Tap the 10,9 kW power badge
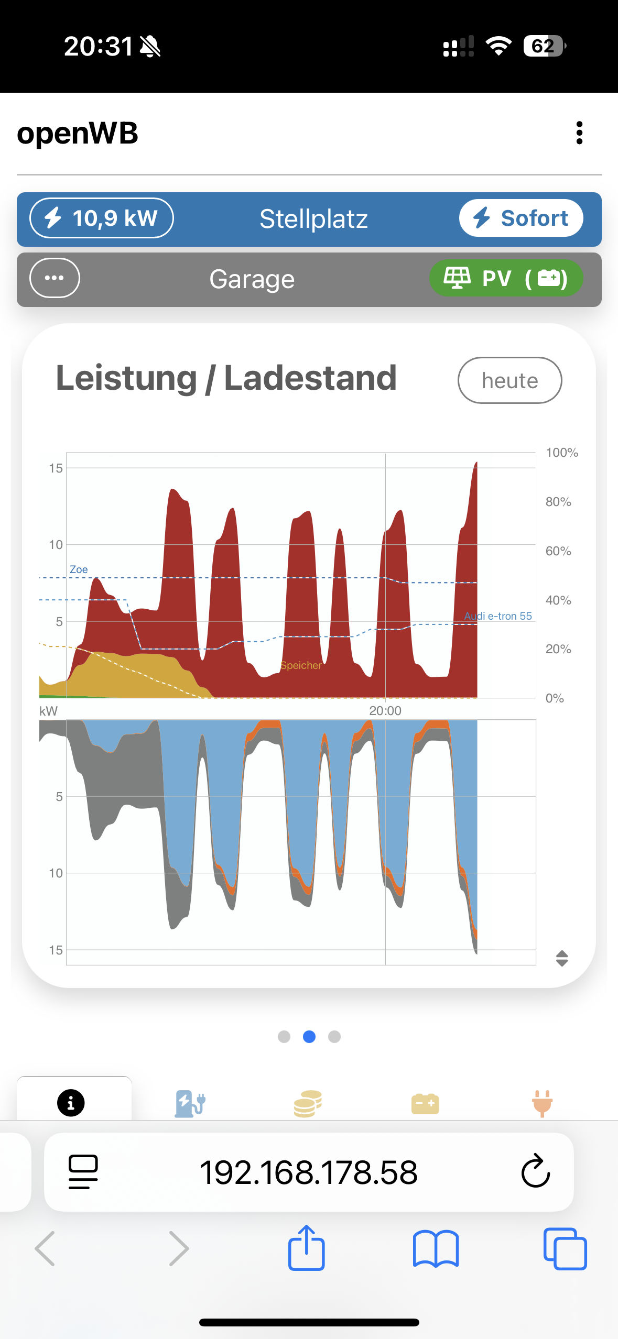click(x=102, y=218)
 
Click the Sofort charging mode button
click(x=521, y=218)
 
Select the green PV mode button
click(x=506, y=278)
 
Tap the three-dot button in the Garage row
click(x=55, y=278)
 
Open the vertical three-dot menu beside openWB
click(x=579, y=133)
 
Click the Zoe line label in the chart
click(x=79, y=569)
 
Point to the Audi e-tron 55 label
click(x=498, y=616)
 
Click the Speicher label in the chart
click(x=301, y=665)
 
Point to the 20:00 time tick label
click(x=385, y=711)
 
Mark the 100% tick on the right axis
click(x=562, y=453)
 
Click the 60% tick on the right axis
click(x=558, y=551)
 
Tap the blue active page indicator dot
click(x=309, y=1037)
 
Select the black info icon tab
click(x=71, y=1103)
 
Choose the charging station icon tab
click(x=190, y=1103)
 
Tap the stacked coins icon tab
click(x=308, y=1103)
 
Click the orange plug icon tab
click(x=542, y=1103)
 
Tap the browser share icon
click(x=306, y=1248)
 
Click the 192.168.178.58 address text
click(x=309, y=1172)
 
